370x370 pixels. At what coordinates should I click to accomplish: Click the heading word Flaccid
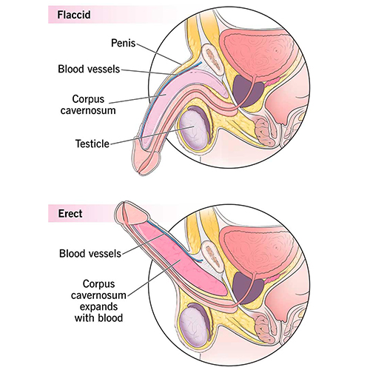coord(74,15)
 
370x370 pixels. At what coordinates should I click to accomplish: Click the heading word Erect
coord(70,214)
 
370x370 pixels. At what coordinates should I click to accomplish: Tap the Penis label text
coord(124,43)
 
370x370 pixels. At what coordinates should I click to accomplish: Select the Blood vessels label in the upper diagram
coord(89,69)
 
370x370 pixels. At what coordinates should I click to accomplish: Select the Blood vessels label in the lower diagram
coord(90,254)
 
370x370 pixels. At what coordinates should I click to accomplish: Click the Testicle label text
coord(92,144)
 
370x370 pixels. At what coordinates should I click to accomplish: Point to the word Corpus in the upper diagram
coord(88,99)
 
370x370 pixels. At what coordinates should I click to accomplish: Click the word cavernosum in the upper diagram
coord(88,110)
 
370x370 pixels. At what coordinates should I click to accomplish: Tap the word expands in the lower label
coord(98,307)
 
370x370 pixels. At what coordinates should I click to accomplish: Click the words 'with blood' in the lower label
coord(98,318)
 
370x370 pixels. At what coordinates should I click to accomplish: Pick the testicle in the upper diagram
coord(194,129)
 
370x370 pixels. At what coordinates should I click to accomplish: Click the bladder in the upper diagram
coord(257,53)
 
